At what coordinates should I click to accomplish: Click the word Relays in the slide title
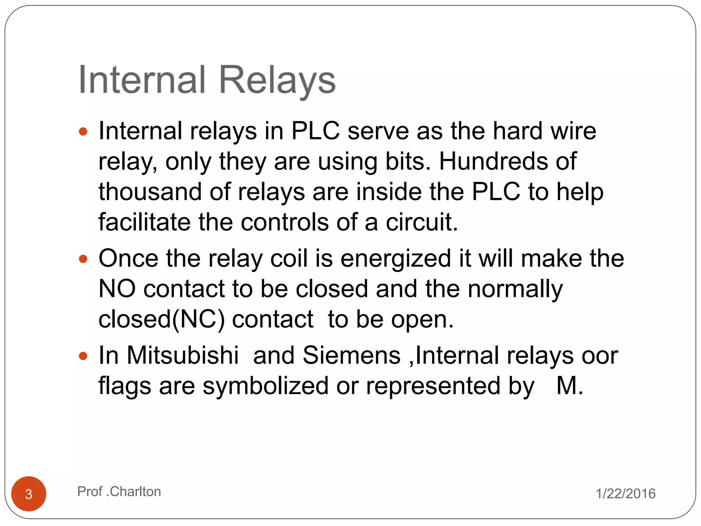coord(277,80)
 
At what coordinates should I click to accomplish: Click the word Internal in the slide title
coord(142,80)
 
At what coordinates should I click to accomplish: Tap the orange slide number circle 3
coord(29,494)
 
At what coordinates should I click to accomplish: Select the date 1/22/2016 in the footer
coord(626,493)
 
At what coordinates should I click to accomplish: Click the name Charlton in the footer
coord(135,491)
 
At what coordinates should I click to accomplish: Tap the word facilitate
coord(144,222)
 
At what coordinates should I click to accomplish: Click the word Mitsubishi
coord(182,355)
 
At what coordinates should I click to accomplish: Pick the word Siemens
coord(352,355)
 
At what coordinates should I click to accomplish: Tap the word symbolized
coord(265,386)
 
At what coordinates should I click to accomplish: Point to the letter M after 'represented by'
coord(566,386)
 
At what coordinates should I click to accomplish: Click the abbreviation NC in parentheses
coord(199,319)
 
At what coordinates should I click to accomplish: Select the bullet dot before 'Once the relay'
coord(83,259)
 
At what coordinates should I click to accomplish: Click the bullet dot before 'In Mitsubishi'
coord(83,356)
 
